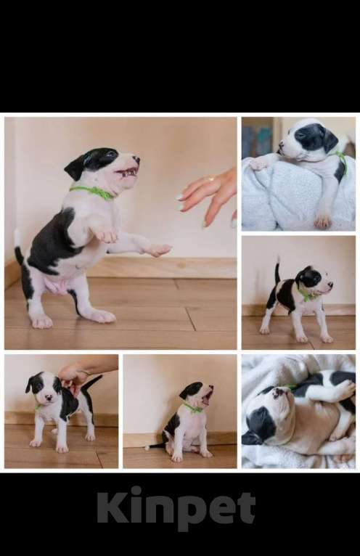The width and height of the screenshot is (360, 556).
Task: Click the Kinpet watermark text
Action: pos(176,507)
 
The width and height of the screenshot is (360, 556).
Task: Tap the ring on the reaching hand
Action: pos(211,179)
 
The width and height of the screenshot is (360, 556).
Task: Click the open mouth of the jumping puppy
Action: pos(127,173)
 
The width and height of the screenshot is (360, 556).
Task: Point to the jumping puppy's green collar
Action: pos(94,192)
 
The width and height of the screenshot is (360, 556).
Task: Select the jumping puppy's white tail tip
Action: pos(16,237)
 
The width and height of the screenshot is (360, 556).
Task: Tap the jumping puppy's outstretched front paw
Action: pos(160,250)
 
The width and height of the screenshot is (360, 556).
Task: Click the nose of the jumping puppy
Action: pos(136,159)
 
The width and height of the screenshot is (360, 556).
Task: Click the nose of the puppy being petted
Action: pos(49,398)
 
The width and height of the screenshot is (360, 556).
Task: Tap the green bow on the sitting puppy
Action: pos(194,408)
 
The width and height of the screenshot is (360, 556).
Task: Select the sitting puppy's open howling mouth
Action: pos(207,397)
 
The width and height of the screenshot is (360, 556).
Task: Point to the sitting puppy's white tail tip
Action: pos(147,448)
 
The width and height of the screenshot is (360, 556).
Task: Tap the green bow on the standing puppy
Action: pos(305,295)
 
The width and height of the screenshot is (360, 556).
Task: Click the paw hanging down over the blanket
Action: pos(323,221)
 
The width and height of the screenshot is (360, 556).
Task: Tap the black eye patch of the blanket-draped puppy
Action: pos(308,136)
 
